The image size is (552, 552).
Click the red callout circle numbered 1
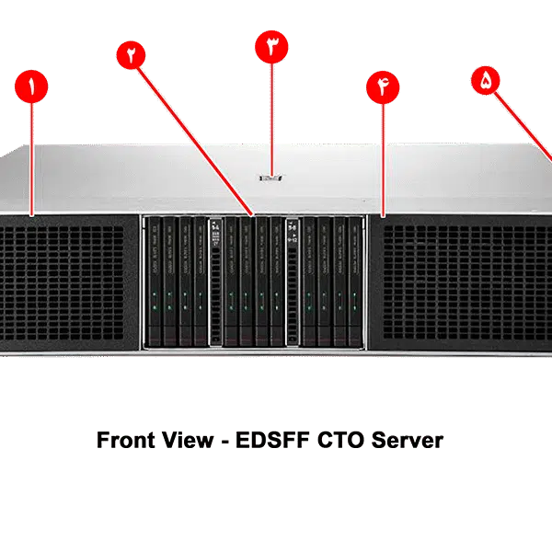[x=32, y=88]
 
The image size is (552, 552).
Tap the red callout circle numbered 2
[x=132, y=54]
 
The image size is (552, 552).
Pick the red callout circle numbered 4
[x=383, y=87]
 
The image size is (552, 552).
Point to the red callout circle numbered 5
[x=486, y=80]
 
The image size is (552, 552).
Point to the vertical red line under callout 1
[x=32, y=156]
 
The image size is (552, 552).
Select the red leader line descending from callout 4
[x=383, y=156]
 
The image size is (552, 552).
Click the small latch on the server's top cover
[x=270, y=173]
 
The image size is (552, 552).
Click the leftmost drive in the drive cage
[x=155, y=282]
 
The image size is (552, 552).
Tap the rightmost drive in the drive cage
[x=354, y=282]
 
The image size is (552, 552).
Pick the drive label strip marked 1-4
[x=217, y=282]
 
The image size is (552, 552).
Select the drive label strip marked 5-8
[x=293, y=282]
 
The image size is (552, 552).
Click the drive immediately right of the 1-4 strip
[x=232, y=282]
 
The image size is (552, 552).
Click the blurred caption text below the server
[x=270, y=439]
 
